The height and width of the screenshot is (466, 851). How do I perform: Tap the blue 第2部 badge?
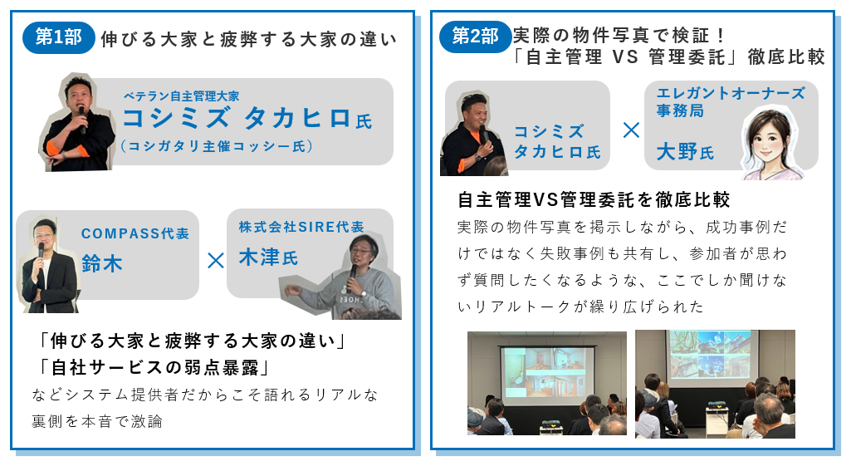pyautogui.click(x=475, y=37)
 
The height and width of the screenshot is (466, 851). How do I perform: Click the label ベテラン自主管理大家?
pyautogui.click(x=181, y=96)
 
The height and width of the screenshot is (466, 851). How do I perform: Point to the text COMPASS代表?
pyautogui.click(x=135, y=233)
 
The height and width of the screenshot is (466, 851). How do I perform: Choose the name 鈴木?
pyautogui.click(x=101, y=263)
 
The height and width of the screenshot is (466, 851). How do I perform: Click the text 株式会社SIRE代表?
pyautogui.click(x=301, y=226)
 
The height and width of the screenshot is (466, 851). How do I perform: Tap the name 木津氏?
pyautogui.click(x=267, y=257)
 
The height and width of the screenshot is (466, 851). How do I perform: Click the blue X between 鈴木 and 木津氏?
pyautogui.click(x=215, y=261)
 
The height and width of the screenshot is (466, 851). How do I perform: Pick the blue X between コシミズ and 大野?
pyautogui.click(x=631, y=130)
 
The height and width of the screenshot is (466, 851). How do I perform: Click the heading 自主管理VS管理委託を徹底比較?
pyautogui.click(x=594, y=200)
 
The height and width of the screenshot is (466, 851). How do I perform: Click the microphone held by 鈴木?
pyautogui.click(x=41, y=250)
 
